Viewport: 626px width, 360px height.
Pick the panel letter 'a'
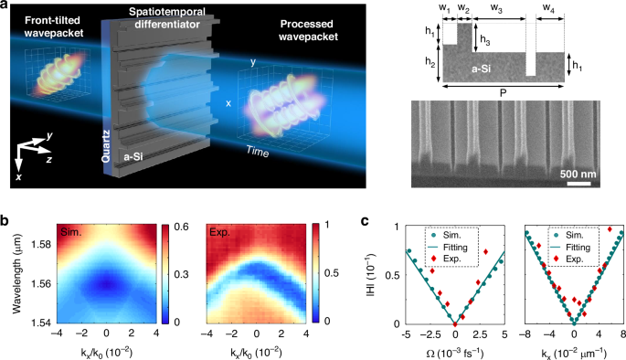point(6,6)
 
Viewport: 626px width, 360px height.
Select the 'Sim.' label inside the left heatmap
point(66,235)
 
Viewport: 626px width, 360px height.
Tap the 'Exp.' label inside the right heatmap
point(218,235)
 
